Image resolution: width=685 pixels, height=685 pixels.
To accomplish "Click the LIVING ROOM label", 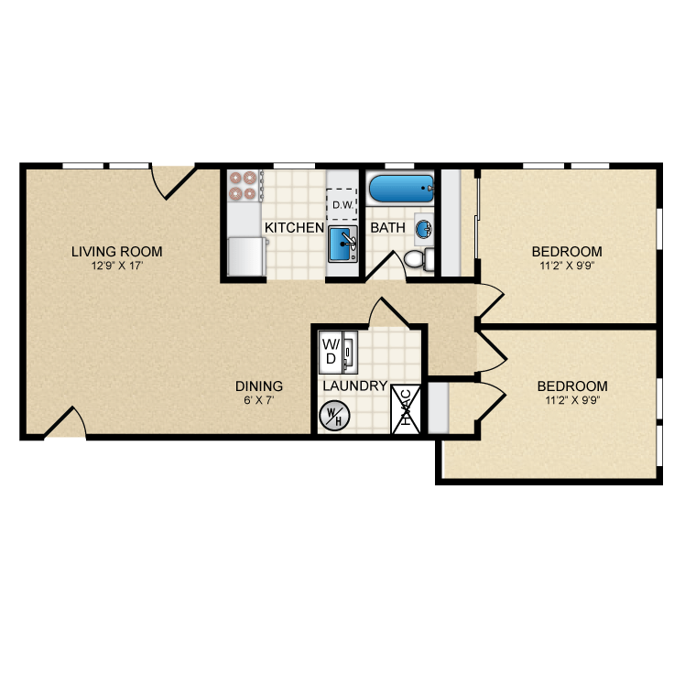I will (117, 251).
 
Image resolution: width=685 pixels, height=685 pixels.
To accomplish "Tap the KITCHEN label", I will (293, 227).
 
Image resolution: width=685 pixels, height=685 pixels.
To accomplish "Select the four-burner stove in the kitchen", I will (244, 186).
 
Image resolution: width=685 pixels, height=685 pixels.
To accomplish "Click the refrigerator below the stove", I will (246, 256).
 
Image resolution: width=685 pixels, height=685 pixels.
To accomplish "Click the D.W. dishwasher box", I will (342, 203).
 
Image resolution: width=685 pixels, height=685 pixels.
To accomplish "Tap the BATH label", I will (386, 227).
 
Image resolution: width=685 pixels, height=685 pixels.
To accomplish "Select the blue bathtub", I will (400, 190).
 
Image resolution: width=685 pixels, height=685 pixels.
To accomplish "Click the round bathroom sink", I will (424, 227).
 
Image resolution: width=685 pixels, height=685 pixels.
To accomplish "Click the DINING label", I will (259, 386).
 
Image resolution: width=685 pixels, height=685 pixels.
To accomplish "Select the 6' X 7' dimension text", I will (259, 401).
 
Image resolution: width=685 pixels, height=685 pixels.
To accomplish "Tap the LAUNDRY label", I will (354, 386).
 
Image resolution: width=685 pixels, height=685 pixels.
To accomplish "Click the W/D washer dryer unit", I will (332, 351).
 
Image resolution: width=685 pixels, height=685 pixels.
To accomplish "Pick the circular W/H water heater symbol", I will (331, 416).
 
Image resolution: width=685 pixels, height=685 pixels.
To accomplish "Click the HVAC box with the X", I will (407, 409).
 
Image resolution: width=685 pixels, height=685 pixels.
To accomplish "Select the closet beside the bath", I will (451, 222).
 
